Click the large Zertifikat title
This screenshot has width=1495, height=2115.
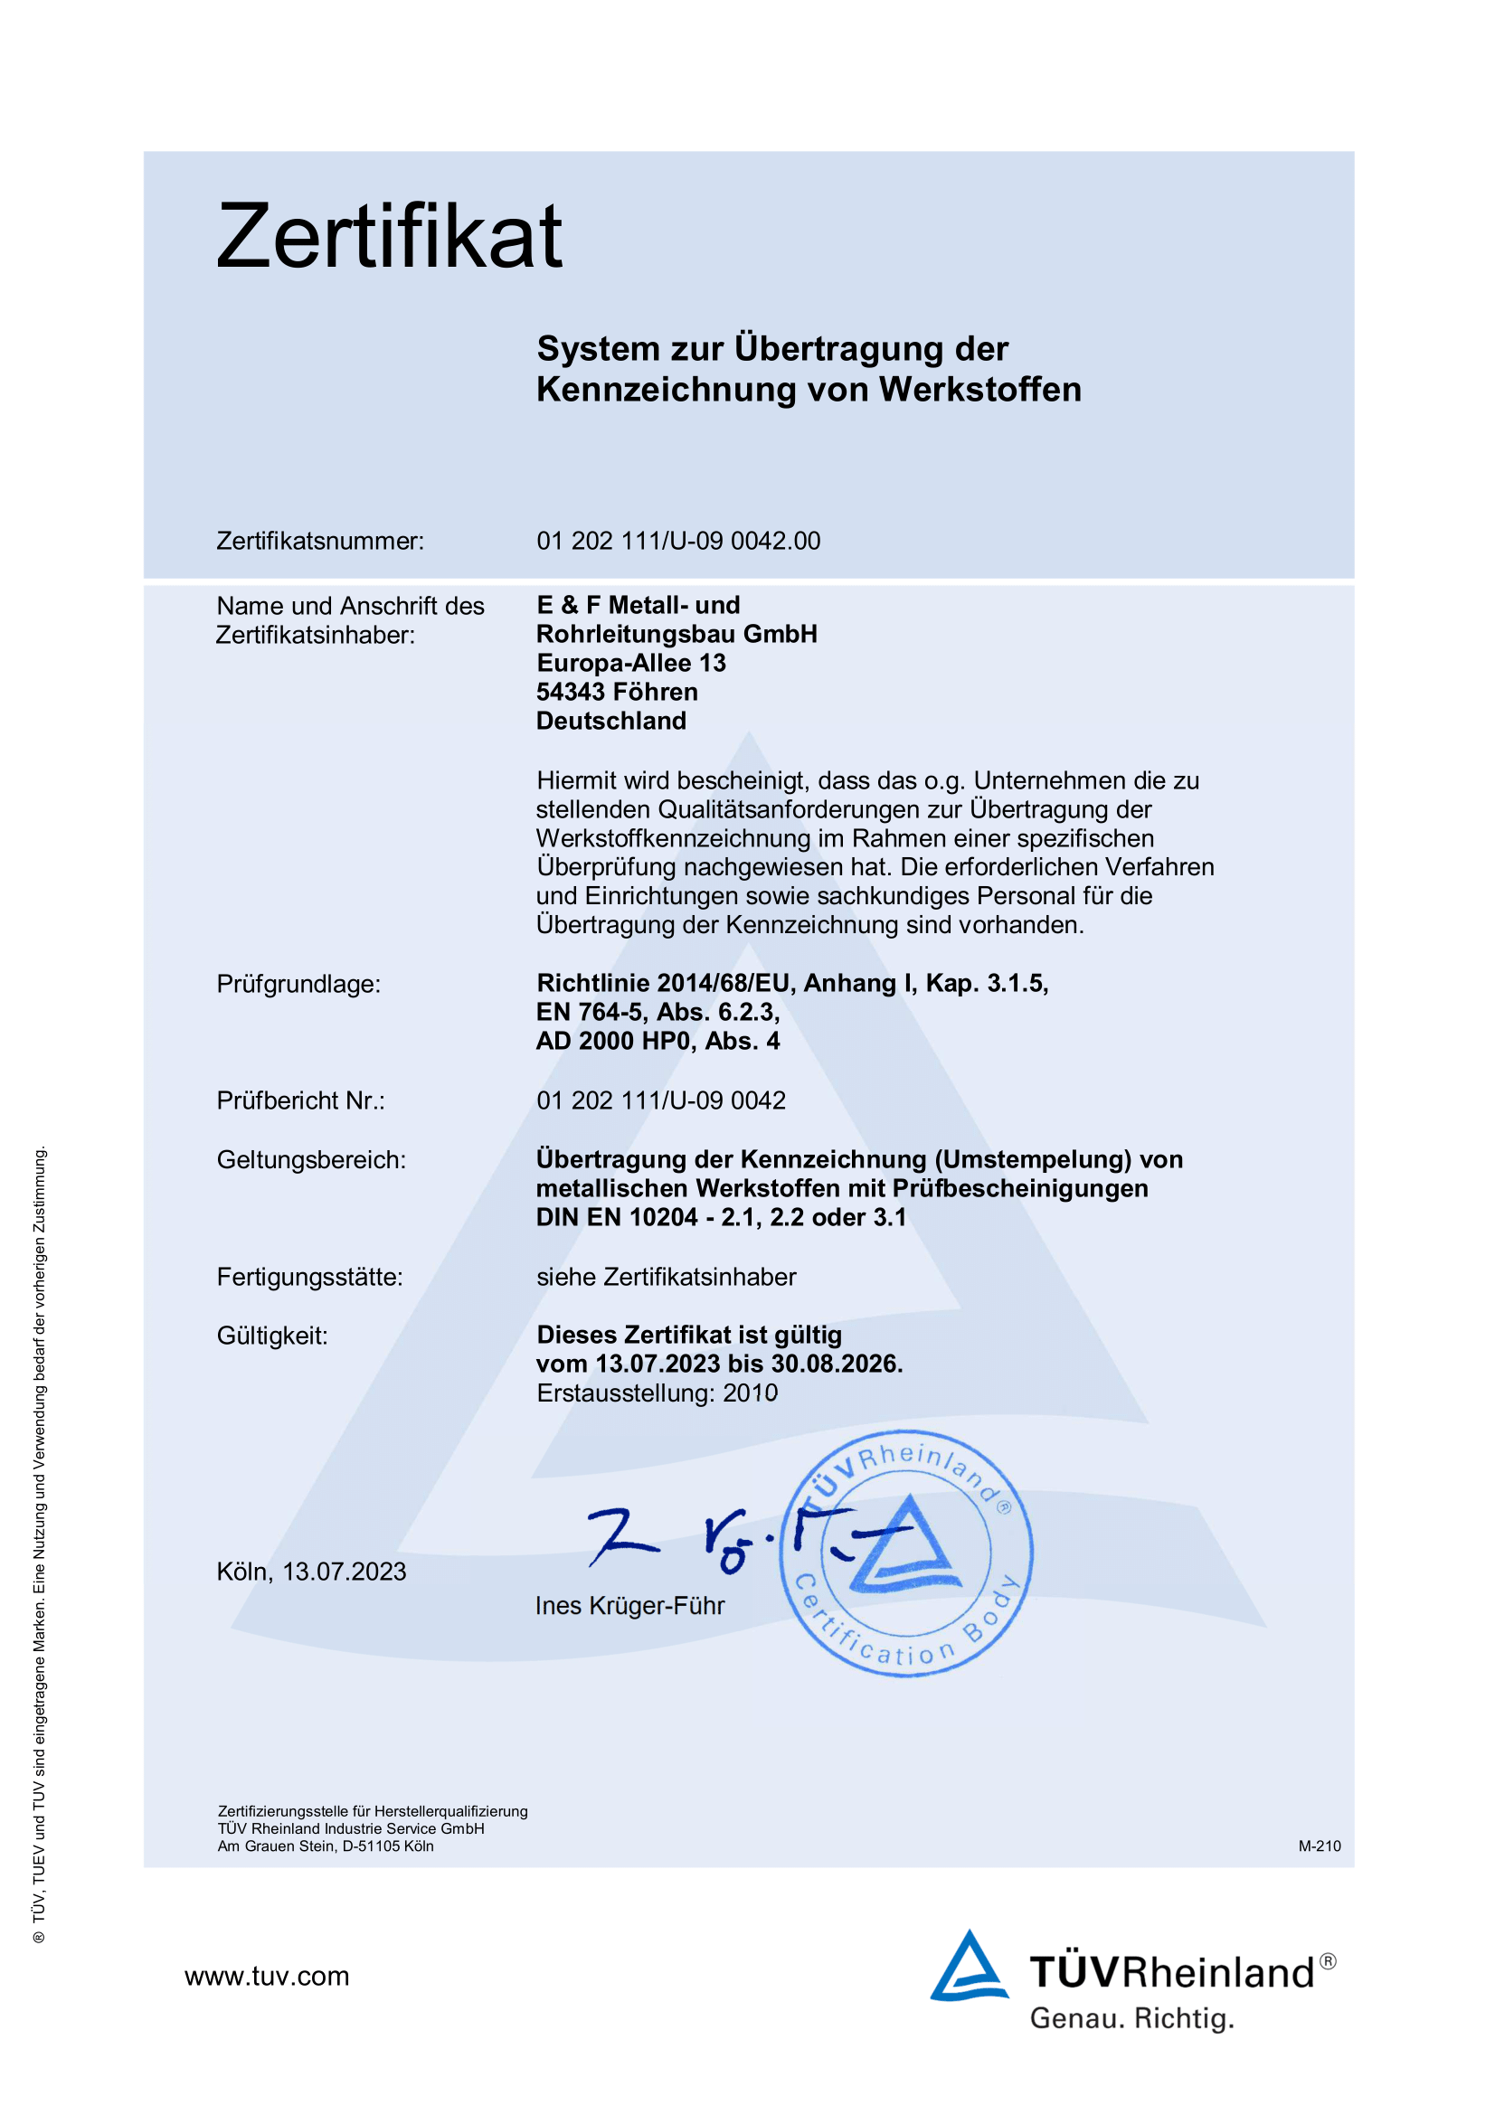(x=389, y=237)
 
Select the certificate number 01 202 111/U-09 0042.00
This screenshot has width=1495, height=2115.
(x=678, y=541)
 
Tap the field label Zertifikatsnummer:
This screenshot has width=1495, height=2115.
(x=319, y=541)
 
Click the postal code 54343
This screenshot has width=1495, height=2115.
(x=570, y=692)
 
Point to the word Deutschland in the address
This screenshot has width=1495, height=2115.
(x=610, y=721)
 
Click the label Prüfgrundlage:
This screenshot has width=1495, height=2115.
(x=298, y=984)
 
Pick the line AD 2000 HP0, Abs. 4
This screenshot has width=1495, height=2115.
(x=658, y=1041)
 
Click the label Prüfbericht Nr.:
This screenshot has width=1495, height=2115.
(x=300, y=1100)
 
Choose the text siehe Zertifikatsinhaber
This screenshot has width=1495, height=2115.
(x=666, y=1277)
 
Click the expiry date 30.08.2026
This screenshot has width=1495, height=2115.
(x=836, y=1364)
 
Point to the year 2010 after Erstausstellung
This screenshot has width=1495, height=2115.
(x=750, y=1393)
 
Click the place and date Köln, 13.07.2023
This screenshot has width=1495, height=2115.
(x=311, y=1572)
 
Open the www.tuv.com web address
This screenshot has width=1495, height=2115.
(x=267, y=1976)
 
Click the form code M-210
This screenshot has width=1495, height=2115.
(x=1319, y=1846)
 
